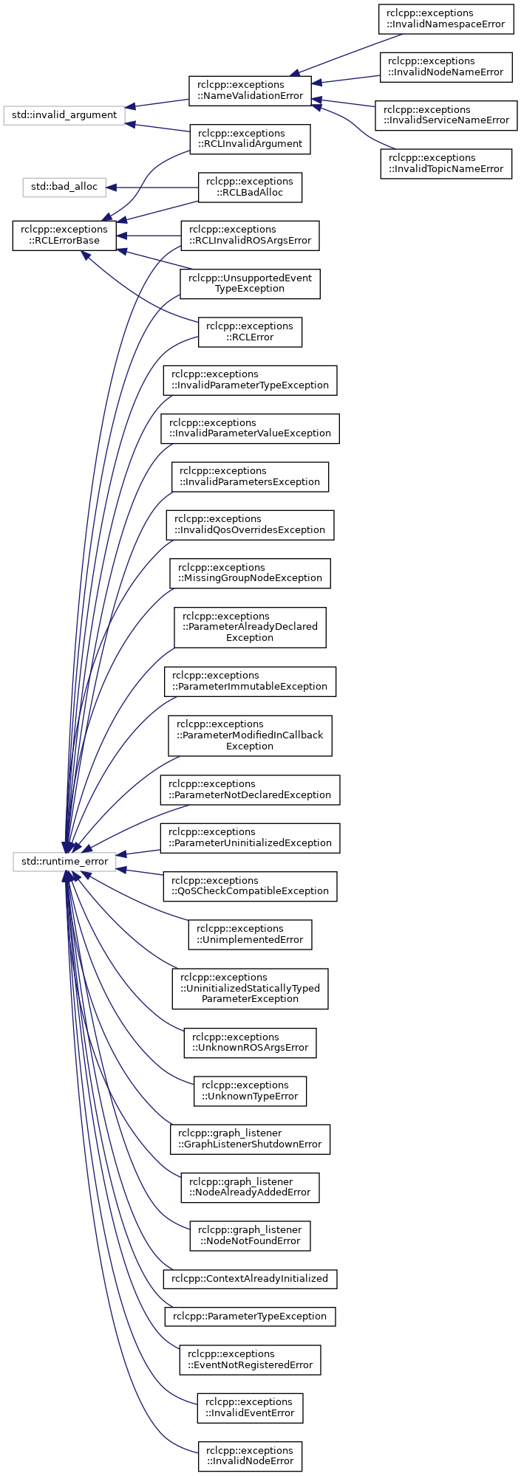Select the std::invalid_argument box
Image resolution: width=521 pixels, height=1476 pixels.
(64, 115)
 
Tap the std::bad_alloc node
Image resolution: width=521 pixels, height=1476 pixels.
(64, 187)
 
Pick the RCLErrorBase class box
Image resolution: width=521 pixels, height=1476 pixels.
(64, 236)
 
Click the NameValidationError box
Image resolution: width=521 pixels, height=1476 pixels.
(250, 91)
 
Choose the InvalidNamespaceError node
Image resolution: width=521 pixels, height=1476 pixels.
(446, 18)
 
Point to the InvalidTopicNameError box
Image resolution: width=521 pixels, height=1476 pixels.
(446, 163)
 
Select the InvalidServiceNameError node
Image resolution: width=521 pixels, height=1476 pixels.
(446, 115)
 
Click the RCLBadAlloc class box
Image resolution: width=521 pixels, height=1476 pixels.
(250, 188)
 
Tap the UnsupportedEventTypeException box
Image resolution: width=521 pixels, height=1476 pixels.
(250, 284)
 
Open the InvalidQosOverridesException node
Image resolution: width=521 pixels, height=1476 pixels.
(250, 525)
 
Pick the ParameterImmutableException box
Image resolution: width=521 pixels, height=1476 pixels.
(250, 682)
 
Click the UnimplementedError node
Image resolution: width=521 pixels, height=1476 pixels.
(250, 934)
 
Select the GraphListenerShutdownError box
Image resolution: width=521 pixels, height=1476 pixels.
(250, 1139)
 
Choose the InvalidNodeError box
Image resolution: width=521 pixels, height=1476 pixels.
(250, 1455)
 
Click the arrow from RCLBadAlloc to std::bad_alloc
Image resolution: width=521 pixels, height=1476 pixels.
(152, 188)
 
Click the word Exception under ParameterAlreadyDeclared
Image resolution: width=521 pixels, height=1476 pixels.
(250, 638)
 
